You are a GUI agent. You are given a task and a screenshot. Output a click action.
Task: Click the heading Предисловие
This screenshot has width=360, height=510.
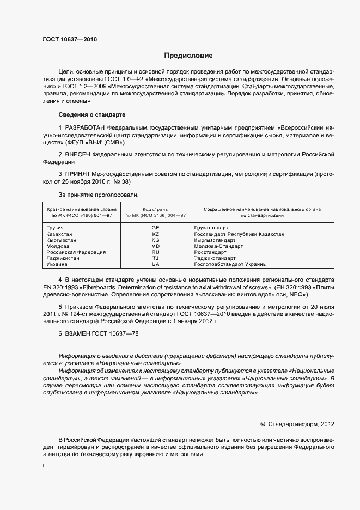188,56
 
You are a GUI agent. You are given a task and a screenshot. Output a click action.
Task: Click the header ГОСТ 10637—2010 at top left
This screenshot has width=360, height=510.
70,39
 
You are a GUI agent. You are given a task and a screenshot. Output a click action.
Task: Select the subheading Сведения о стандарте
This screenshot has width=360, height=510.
91,115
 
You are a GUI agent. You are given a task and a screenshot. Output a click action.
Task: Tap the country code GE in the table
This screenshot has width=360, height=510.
155,227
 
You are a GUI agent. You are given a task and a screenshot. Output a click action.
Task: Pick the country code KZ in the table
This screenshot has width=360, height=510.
155,234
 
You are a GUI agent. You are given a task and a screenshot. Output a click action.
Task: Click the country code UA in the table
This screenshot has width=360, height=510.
155,264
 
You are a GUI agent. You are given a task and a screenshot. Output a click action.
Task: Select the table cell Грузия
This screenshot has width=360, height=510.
56,227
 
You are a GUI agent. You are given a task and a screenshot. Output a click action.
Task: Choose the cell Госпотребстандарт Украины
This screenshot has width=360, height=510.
230,264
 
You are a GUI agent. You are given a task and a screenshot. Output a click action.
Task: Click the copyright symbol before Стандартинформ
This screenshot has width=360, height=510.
263,423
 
